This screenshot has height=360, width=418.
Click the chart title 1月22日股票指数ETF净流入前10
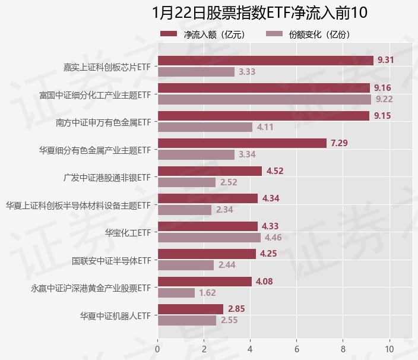(x=259, y=12)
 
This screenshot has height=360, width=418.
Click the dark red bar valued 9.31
(x=265, y=61)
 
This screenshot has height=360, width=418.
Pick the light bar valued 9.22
(x=264, y=100)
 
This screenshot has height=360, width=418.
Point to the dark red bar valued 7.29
(x=242, y=143)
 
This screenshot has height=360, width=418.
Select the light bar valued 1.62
(x=176, y=293)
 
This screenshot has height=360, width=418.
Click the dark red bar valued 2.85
(x=191, y=309)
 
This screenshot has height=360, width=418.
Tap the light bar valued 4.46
(x=209, y=238)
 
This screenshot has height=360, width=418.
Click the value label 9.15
(x=382, y=116)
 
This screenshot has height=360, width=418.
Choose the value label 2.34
(x=225, y=210)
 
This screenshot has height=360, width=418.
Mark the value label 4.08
(x=264, y=282)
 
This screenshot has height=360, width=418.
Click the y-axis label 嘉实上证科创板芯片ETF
(x=107, y=67)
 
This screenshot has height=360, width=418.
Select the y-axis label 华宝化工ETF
(x=128, y=232)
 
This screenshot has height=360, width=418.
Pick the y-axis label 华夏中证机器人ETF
(x=115, y=315)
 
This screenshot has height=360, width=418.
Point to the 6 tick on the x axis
(x=297, y=349)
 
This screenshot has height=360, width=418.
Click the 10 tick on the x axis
(x=389, y=349)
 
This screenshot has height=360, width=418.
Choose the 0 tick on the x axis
(x=157, y=349)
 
